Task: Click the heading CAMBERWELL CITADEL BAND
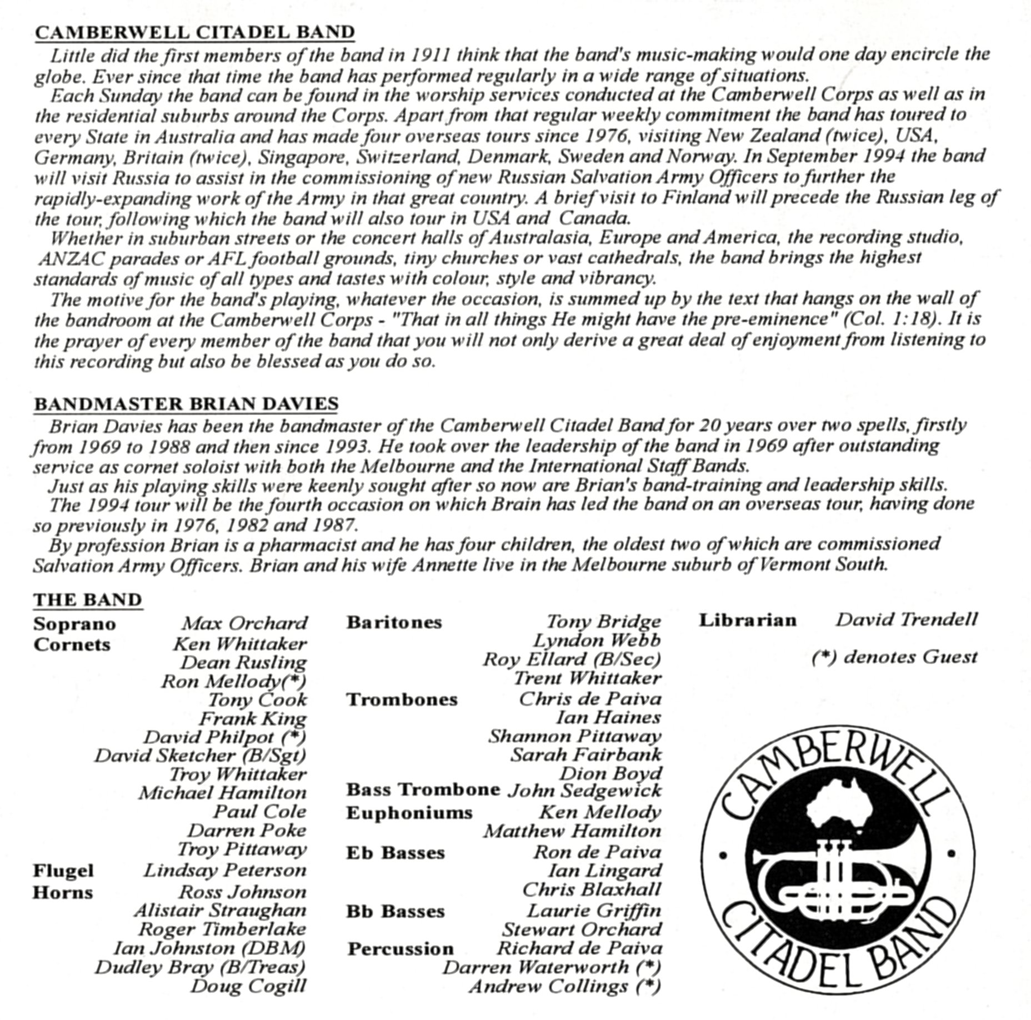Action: pyautogui.click(x=194, y=32)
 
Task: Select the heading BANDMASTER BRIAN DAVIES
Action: pyautogui.click(x=186, y=404)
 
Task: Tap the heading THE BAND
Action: pyautogui.click(x=88, y=600)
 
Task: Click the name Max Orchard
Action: pyautogui.click(x=244, y=623)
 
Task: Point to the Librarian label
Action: pyautogui.click(x=748, y=620)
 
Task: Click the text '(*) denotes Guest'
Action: pyautogui.click(x=894, y=657)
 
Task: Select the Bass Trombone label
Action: pyautogui.click(x=423, y=790)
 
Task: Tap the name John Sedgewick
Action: pyautogui.click(x=584, y=791)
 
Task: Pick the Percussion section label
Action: pyautogui.click(x=401, y=949)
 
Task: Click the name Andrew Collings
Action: pyautogui.click(x=564, y=987)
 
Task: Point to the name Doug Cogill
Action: pyautogui.click(x=248, y=986)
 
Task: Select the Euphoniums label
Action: pyautogui.click(x=409, y=813)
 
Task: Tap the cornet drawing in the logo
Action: pyautogui.click(x=833, y=883)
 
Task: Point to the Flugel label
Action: pyautogui.click(x=63, y=871)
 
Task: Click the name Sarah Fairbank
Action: pyautogui.click(x=586, y=755)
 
